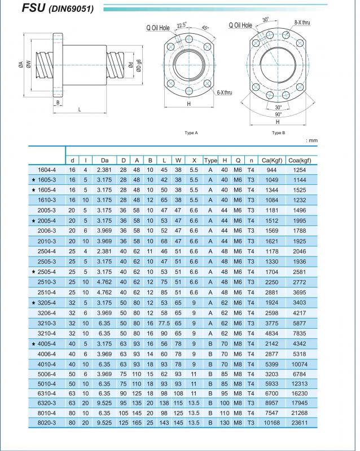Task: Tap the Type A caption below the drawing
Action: click(191, 133)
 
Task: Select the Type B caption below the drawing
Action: click(279, 133)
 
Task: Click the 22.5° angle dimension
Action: click(181, 25)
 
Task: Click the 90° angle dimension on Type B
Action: click(278, 114)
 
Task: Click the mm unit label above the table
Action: click(311, 140)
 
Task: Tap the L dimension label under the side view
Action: click(80, 109)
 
